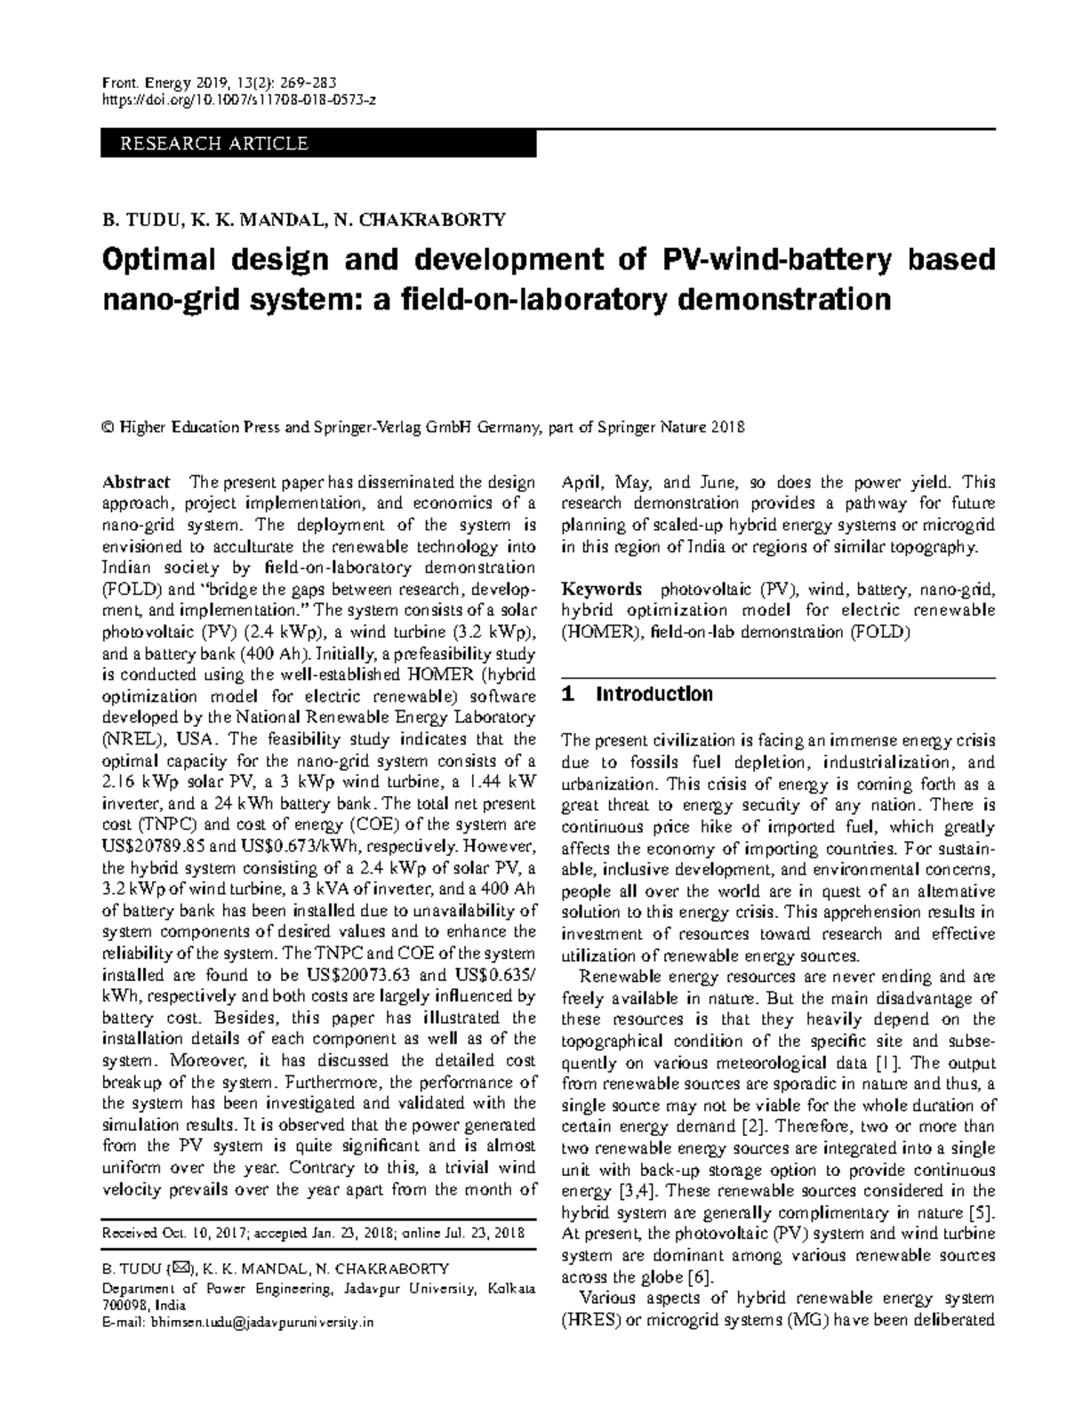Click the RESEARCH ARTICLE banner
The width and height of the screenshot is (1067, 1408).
(x=317, y=143)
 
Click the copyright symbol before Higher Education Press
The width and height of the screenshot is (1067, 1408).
(x=108, y=427)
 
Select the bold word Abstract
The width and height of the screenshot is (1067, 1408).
(x=135, y=482)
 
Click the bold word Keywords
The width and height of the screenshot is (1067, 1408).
(x=601, y=590)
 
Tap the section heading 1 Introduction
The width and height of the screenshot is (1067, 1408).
(x=638, y=694)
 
